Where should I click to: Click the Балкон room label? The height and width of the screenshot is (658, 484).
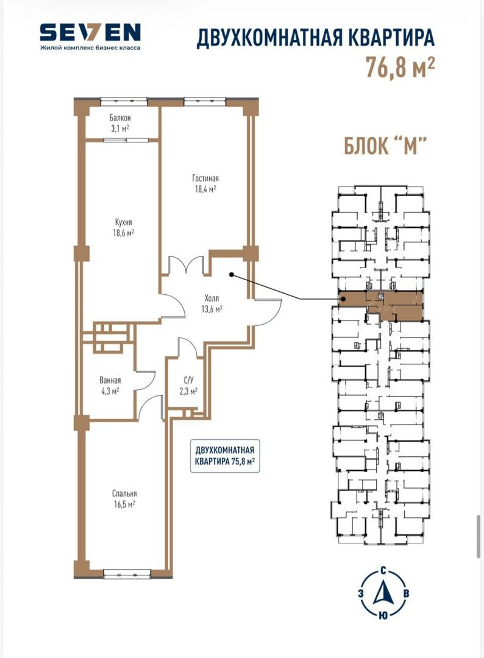(121, 118)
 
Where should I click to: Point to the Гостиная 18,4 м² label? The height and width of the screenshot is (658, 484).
(205, 183)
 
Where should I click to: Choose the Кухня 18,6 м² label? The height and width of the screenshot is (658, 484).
(123, 227)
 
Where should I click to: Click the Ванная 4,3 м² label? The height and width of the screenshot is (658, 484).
(110, 386)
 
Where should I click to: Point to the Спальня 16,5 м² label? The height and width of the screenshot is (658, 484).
(124, 498)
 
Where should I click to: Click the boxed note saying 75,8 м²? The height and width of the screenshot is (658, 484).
(225, 456)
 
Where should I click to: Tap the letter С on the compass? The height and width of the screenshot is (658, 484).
(383, 570)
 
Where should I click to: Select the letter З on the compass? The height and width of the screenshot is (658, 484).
(361, 593)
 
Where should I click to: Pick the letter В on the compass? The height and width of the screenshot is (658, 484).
(406, 593)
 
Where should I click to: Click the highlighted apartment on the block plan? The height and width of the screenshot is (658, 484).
(381, 305)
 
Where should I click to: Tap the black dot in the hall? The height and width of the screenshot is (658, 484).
(231, 275)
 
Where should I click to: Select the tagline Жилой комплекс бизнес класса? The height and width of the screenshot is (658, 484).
(90, 48)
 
